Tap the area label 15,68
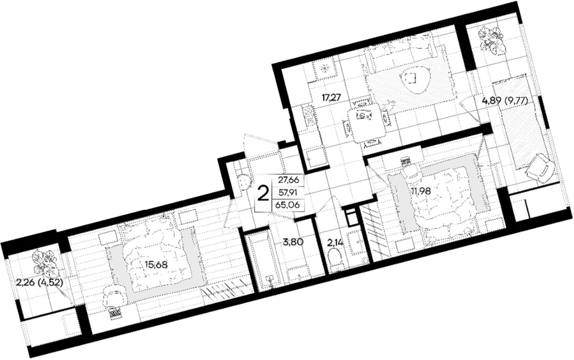tap(156, 264)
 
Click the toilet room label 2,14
tap(335, 242)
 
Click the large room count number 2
tap(263, 194)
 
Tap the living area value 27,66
tap(289, 180)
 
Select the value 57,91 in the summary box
tap(288, 192)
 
